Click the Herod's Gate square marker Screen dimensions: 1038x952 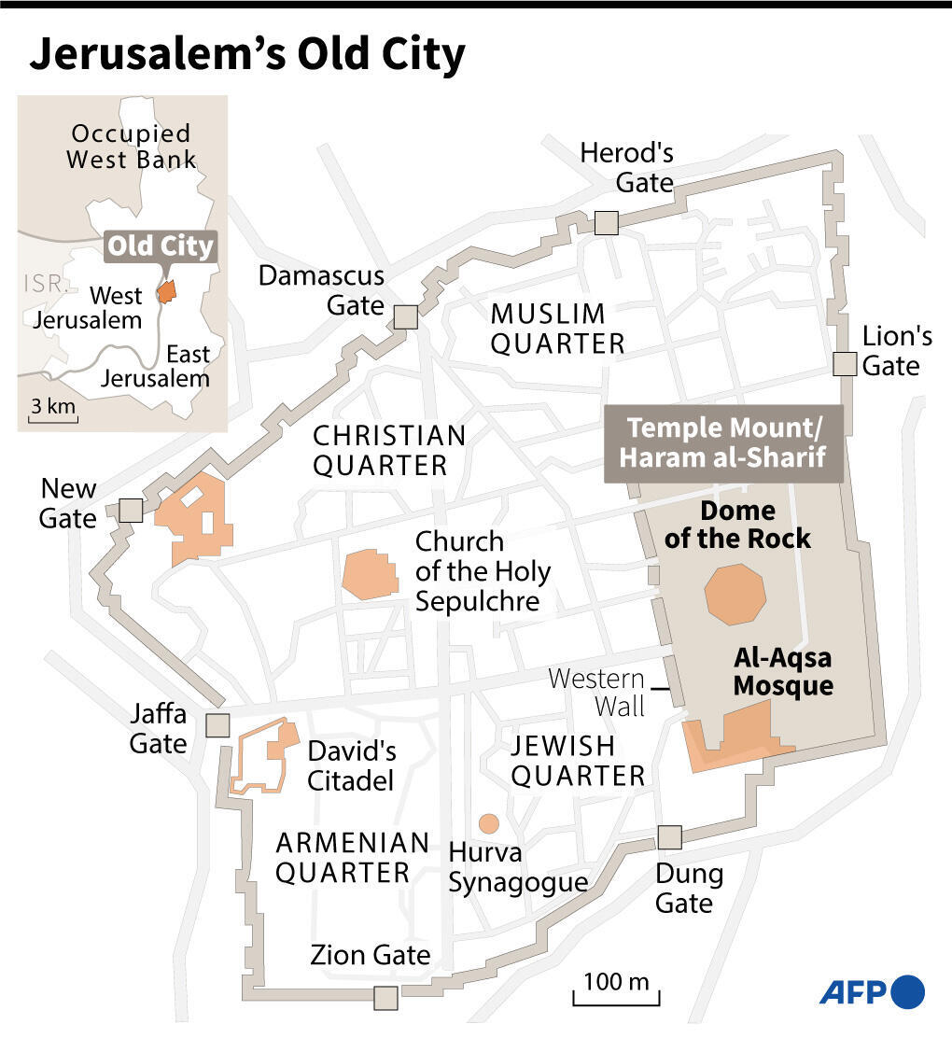607,222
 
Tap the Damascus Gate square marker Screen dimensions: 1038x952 405,316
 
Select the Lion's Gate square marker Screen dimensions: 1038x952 845,364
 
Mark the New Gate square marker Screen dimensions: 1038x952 131,510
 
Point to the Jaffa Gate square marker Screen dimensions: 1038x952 217,725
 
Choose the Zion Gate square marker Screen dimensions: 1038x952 385,998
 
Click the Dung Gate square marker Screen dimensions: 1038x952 669,837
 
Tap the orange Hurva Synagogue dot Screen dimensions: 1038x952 488,823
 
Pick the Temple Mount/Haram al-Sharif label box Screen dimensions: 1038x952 723,443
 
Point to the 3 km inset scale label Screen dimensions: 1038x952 52,408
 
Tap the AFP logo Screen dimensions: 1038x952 872,990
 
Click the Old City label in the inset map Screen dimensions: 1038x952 161,246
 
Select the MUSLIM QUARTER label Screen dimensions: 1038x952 557,329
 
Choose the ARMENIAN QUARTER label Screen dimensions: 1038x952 352,857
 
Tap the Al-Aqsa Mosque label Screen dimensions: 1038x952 782,671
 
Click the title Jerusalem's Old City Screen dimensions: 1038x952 247,56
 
